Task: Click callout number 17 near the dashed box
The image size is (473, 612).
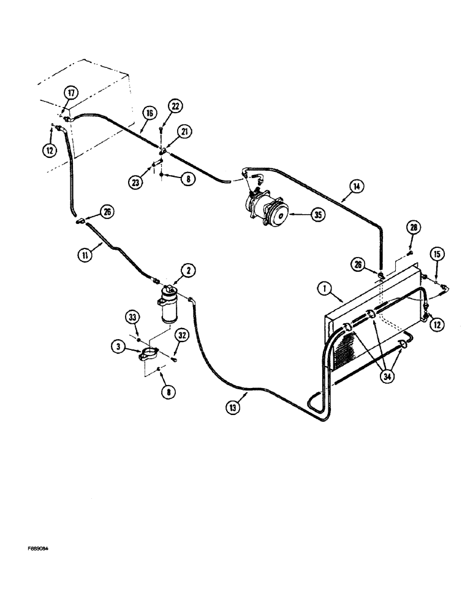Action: [x=71, y=93]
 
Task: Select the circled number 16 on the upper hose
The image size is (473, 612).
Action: [x=149, y=113]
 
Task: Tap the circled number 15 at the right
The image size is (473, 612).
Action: [x=437, y=254]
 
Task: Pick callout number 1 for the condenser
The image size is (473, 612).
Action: [x=324, y=288]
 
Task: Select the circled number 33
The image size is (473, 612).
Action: [x=133, y=318]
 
